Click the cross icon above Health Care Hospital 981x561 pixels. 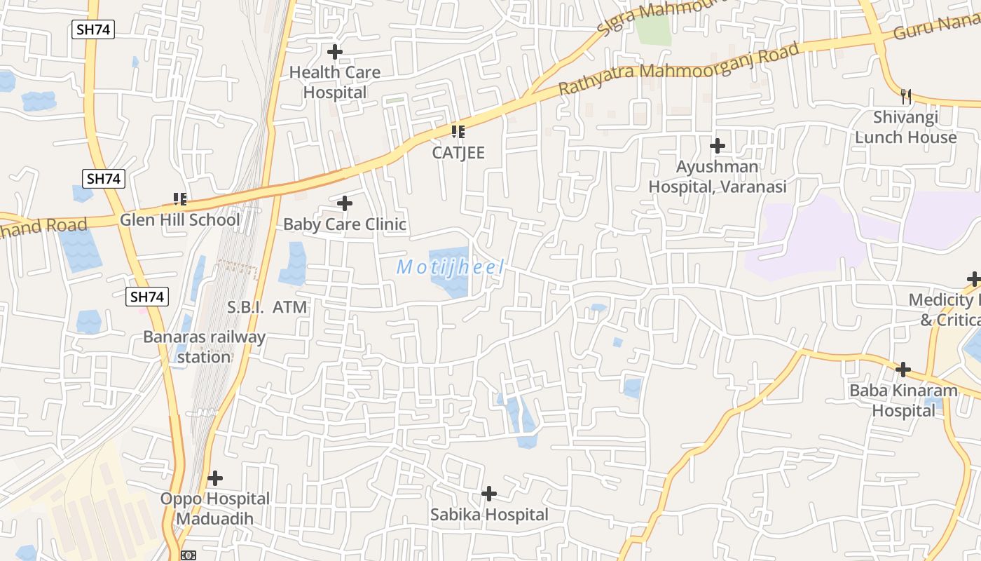click(x=335, y=51)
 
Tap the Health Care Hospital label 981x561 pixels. click(x=335, y=82)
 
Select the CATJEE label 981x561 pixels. click(x=458, y=152)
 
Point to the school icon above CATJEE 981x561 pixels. click(x=458, y=131)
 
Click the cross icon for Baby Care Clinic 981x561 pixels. click(x=345, y=203)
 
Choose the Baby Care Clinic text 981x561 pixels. click(x=345, y=224)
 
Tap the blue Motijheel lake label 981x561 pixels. click(x=451, y=267)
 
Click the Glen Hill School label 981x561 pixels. click(x=180, y=219)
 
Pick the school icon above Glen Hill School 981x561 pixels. click(x=180, y=199)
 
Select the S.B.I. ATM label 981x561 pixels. click(x=268, y=306)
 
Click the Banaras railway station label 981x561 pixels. click(x=204, y=346)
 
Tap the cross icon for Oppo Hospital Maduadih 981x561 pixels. click(x=215, y=478)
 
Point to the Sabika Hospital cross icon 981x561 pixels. click(x=489, y=494)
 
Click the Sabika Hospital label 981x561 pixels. click(x=489, y=515)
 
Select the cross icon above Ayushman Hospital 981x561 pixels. click(x=718, y=146)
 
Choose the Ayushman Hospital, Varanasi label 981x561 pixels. click(x=718, y=177)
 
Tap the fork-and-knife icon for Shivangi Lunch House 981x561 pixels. click(x=906, y=96)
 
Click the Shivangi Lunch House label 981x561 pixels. click(x=906, y=127)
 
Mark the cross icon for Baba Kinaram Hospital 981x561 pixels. click(x=904, y=369)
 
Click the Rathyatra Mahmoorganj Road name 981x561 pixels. click(x=678, y=69)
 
